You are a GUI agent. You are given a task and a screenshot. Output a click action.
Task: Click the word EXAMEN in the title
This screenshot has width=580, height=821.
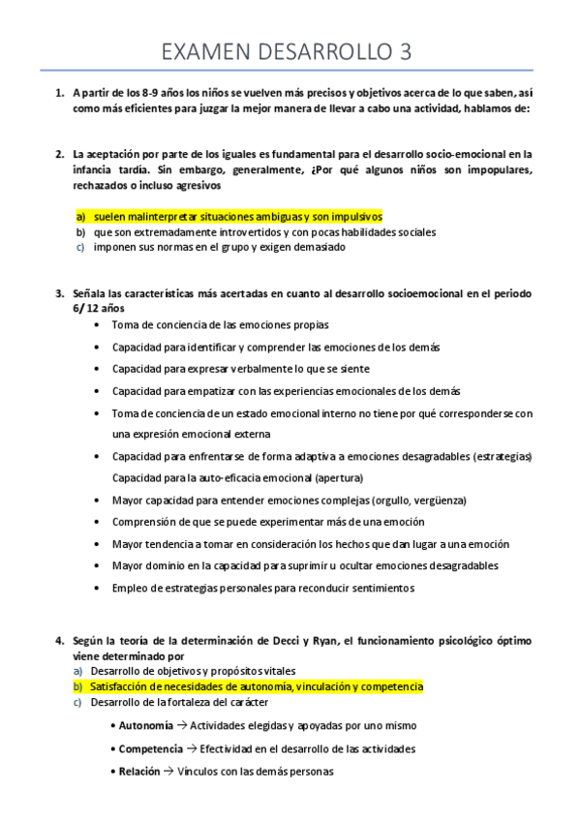click(204, 51)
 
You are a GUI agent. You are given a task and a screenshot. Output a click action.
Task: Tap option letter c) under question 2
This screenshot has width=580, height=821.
click(80, 247)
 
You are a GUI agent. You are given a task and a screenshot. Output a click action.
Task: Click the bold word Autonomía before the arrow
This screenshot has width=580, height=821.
click(146, 725)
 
